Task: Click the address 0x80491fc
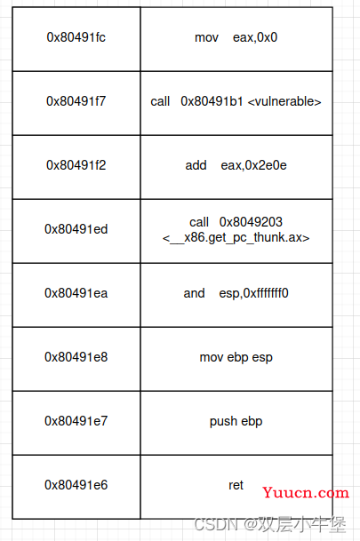coord(76,37)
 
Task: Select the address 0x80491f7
coord(76,101)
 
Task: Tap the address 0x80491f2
coord(76,165)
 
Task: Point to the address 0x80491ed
coord(76,229)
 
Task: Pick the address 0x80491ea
coord(76,293)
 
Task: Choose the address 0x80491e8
coord(76,357)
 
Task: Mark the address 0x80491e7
coord(76,421)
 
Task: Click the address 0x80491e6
coord(76,485)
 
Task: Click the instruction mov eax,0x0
coord(236,37)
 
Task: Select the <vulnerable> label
coord(284,101)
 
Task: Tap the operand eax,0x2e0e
coord(253,165)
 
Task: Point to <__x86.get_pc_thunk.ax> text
coord(236,238)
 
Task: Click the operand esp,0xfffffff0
coord(253,293)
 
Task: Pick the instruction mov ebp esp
coord(236,357)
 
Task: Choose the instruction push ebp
coord(236,421)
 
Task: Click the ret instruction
coord(236,485)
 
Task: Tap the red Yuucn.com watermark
coord(306,493)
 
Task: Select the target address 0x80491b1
coord(212,101)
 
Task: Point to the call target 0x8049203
coord(251,222)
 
